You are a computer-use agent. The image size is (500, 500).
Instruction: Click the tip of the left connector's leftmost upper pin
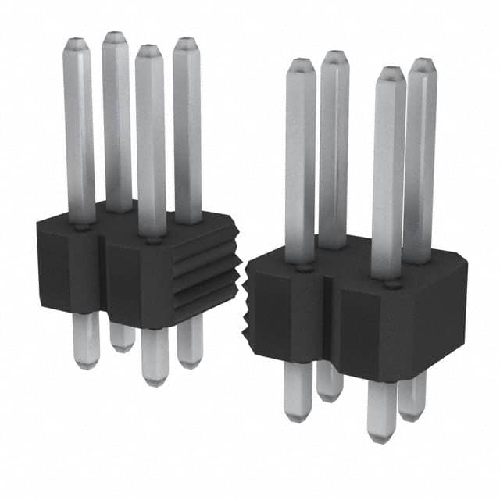(x=78, y=42)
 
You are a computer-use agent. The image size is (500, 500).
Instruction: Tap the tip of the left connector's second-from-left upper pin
(x=116, y=37)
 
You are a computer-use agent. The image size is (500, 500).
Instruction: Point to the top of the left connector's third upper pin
(x=148, y=50)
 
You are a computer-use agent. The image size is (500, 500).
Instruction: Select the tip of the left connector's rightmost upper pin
(x=186, y=42)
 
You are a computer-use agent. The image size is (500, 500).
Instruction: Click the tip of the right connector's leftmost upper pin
(x=301, y=63)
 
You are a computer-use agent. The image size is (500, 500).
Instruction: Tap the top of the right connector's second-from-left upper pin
(x=334, y=55)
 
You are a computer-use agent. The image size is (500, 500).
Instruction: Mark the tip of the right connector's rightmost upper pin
(x=422, y=62)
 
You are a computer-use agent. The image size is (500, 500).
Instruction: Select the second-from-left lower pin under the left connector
(x=122, y=336)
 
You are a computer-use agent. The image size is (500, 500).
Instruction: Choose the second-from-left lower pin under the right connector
(x=330, y=379)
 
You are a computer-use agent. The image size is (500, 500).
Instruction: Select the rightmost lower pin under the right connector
(x=412, y=395)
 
